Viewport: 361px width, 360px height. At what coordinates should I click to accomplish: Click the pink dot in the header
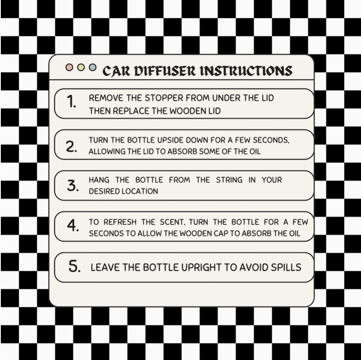pos(69,67)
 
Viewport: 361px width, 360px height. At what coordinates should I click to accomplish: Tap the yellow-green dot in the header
pos(81,67)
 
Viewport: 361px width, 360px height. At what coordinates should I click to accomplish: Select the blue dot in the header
pos(92,67)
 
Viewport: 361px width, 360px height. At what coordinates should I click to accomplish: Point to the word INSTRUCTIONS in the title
pos(246,71)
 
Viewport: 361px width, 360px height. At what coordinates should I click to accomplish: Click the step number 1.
pos(71,101)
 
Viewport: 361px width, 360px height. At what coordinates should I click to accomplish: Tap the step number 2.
pos(71,146)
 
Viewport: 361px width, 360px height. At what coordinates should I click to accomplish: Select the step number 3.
pos(73,185)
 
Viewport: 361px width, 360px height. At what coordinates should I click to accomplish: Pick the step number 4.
pos(73,225)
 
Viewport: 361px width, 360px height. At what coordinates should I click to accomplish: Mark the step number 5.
pos(74,266)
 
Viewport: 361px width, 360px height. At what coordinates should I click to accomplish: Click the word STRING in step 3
pos(229,180)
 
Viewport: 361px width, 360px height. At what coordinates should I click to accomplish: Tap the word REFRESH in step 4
pos(120,222)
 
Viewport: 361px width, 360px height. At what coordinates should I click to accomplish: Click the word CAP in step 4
pos(221,234)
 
